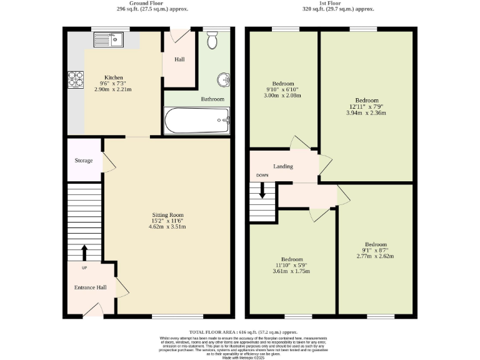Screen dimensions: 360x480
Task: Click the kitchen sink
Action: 109,41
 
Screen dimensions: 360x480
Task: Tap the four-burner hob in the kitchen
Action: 76,79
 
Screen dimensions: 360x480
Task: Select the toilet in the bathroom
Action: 211,41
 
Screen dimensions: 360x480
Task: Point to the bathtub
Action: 197,120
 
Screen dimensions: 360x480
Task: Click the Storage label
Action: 84,161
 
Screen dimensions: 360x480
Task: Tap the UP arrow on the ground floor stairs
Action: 84,252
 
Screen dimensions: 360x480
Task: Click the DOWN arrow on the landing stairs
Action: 262,189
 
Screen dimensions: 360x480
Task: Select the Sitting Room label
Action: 167,215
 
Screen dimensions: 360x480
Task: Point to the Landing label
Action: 283,166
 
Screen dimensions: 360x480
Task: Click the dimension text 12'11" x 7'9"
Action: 366,107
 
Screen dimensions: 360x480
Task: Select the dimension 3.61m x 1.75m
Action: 292,271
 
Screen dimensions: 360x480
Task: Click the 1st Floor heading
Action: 332,3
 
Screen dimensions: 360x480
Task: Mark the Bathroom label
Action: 212,99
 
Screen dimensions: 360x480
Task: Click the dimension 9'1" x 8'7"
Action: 375,250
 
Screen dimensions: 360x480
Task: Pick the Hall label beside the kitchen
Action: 179,59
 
